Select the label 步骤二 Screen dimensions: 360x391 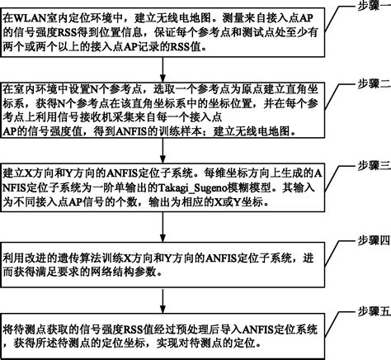368,85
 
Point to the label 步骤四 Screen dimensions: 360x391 368,239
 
